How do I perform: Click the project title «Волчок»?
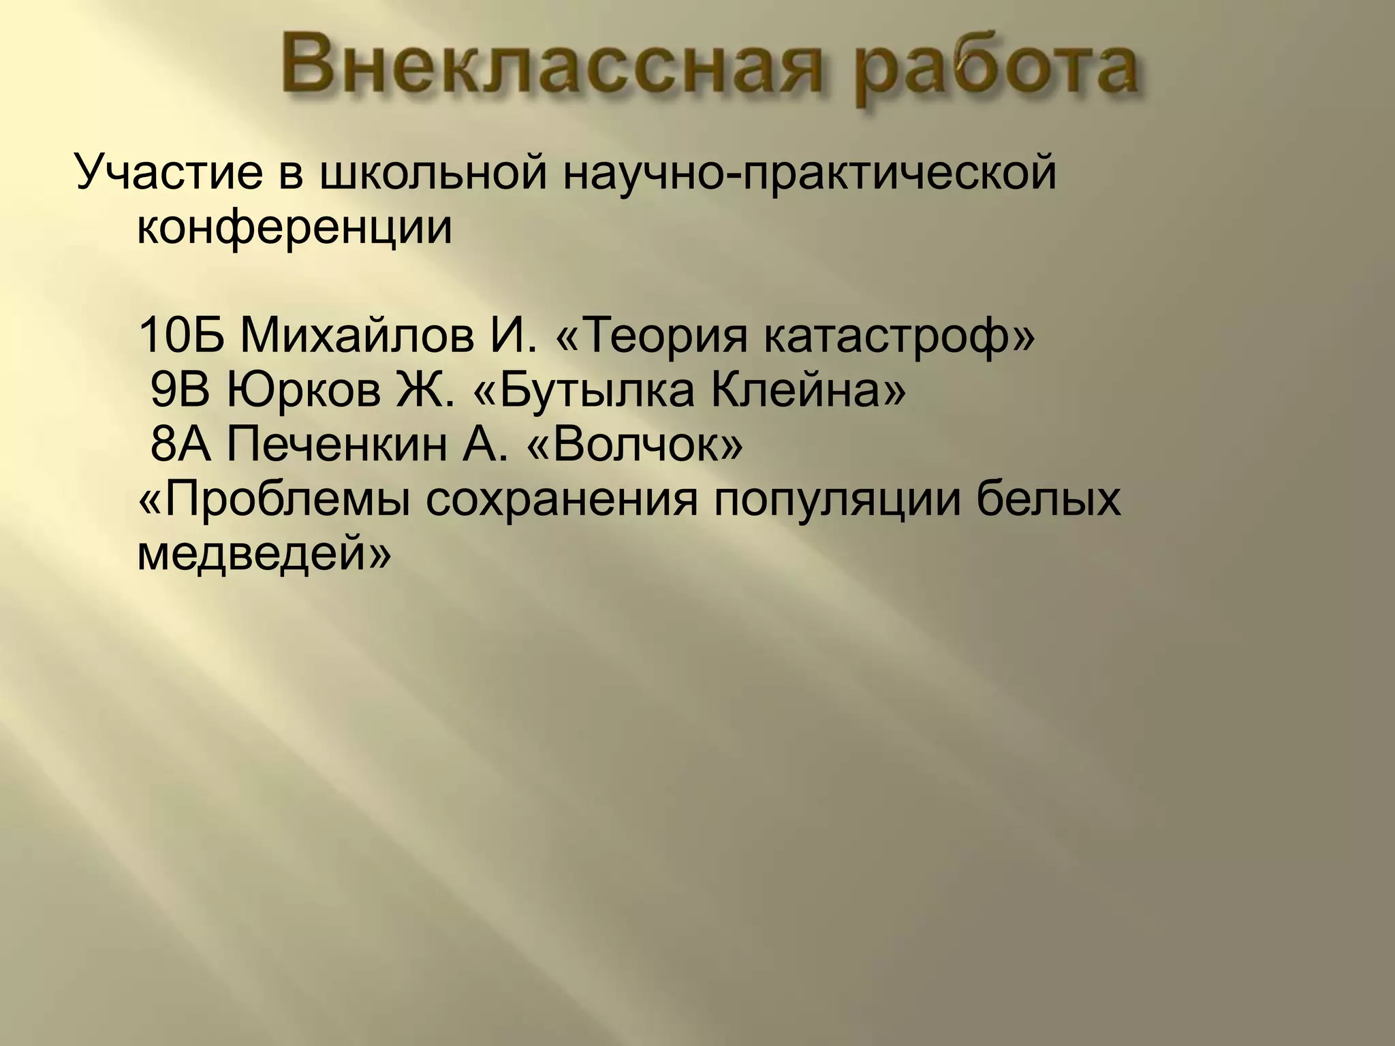tap(633, 446)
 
